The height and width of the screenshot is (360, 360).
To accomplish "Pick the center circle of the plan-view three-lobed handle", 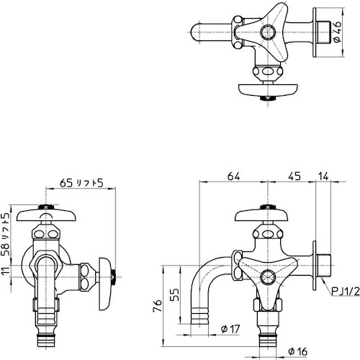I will click(x=268, y=32).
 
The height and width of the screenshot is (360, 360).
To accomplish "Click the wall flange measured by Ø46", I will click(x=315, y=33).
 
